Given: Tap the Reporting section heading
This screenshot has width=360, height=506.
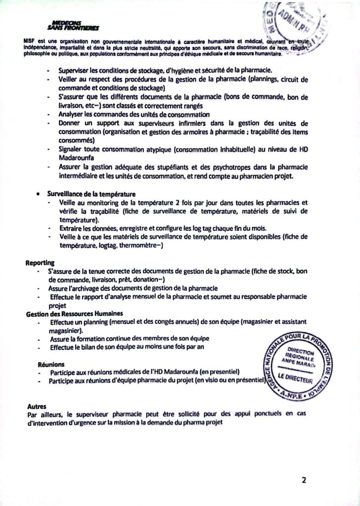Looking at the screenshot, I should click(40, 262).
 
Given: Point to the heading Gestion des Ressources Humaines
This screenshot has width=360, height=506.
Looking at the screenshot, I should click(74, 314).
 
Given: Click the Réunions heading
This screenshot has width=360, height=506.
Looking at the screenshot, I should click(51, 364).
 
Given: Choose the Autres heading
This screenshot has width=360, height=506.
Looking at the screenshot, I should click(37, 406).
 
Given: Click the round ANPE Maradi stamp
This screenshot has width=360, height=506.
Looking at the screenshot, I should click(302, 366).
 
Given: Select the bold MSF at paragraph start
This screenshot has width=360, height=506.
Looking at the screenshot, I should click(30, 41).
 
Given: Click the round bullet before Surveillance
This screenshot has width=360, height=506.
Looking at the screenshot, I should click(38, 194).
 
